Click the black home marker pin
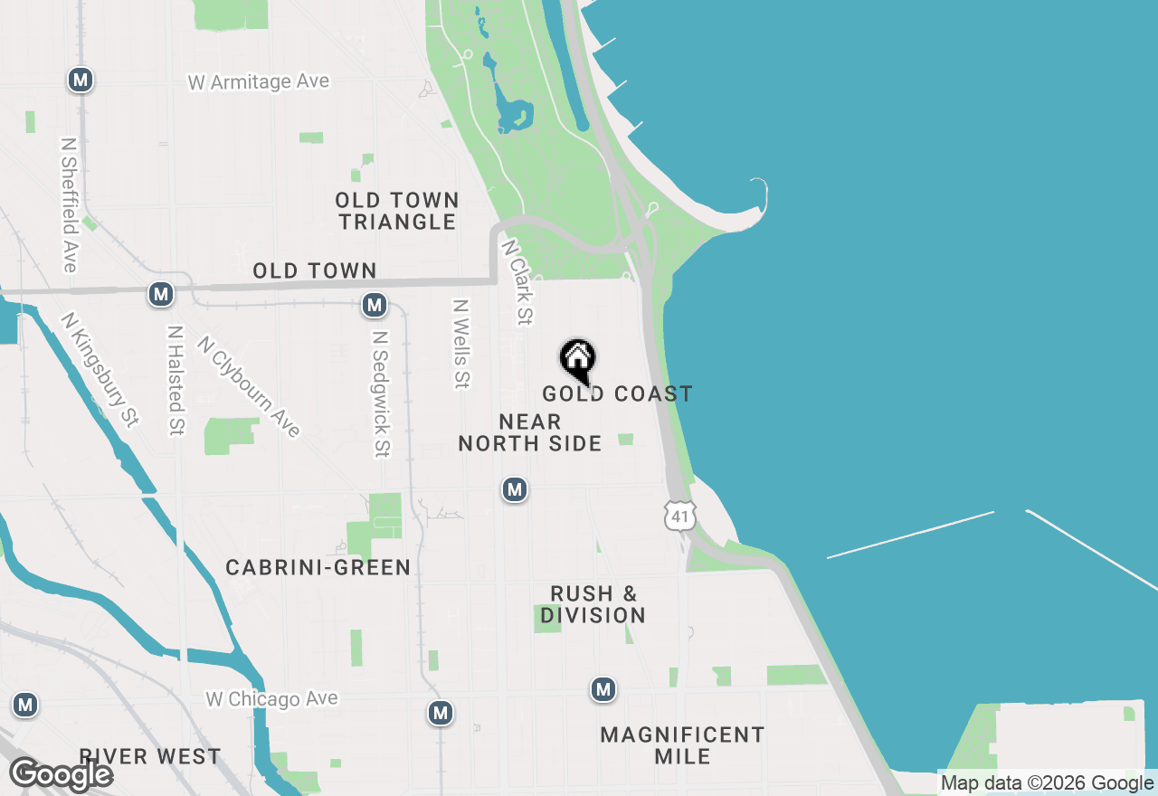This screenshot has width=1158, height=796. (x=577, y=360)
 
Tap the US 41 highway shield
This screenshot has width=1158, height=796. (x=679, y=516)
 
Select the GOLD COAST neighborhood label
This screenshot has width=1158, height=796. (x=617, y=393)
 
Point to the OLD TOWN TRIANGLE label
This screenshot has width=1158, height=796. (x=397, y=211)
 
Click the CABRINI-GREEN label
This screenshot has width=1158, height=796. (x=318, y=567)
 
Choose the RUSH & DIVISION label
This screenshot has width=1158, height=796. (x=593, y=604)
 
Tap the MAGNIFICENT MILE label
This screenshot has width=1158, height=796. (x=682, y=745)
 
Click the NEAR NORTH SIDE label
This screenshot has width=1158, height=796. (x=530, y=432)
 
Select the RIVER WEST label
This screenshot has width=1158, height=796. (x=149, y=756)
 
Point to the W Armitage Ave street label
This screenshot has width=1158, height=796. (x=259, y=82)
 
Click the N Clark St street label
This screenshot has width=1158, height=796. (x=517, y=281)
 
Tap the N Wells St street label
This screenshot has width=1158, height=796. (x=461, y=344)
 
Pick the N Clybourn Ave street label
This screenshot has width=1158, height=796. (x=249, y=386)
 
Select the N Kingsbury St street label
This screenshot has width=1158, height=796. (x=100, y=369)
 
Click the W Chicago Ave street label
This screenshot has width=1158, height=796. (x=271, y=699)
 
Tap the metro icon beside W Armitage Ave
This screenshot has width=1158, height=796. (x=81, y=80)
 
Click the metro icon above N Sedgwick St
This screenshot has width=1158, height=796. (x=375, y=305)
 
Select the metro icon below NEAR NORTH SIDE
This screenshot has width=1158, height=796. (x=515, y=489)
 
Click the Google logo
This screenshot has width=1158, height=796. (x=61, y=774)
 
